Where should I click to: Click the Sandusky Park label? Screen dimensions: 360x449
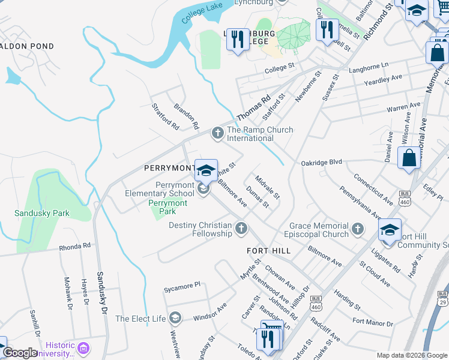(42, 213)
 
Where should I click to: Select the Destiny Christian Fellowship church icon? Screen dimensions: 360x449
(241, 227)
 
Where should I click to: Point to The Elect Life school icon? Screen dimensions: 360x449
(175, 317)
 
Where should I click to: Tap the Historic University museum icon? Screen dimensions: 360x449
(84, 348)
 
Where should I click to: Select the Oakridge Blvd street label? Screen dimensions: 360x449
(321, 162)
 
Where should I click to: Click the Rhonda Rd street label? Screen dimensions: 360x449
(74, 246)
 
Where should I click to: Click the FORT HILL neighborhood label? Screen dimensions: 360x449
(268, 250)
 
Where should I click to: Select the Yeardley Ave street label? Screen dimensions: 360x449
(384, 79)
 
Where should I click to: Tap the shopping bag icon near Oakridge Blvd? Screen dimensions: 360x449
(409, 158)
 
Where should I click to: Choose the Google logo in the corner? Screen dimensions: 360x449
(20, 353)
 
